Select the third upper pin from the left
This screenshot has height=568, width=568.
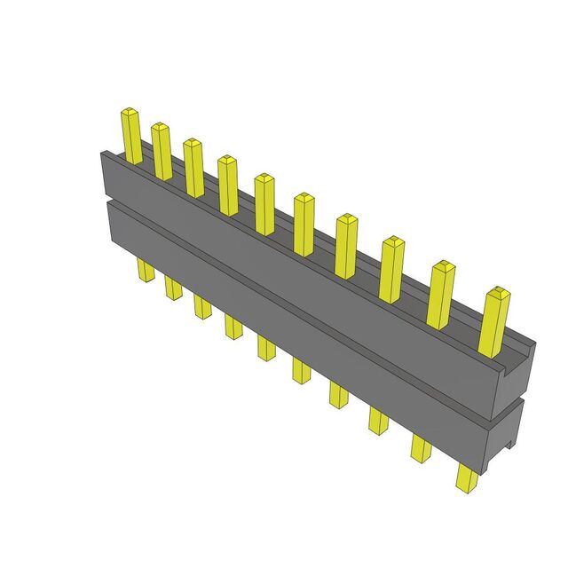(x=193, y=167)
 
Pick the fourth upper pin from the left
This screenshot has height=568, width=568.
(x=228, y=185)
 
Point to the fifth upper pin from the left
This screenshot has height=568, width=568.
(x=264, y=203)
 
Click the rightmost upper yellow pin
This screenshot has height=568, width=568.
(x=493, y=320)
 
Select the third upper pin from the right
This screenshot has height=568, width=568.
(x=391, y=269)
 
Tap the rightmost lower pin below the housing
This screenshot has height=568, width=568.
(x=465, y=477)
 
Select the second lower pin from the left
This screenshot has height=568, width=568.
(x=172, y=288)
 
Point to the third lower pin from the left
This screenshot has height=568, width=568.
(x=202, y=306)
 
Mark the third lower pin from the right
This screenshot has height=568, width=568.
(x=377, y=420)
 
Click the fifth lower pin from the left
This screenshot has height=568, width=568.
(x=267, y=347)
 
